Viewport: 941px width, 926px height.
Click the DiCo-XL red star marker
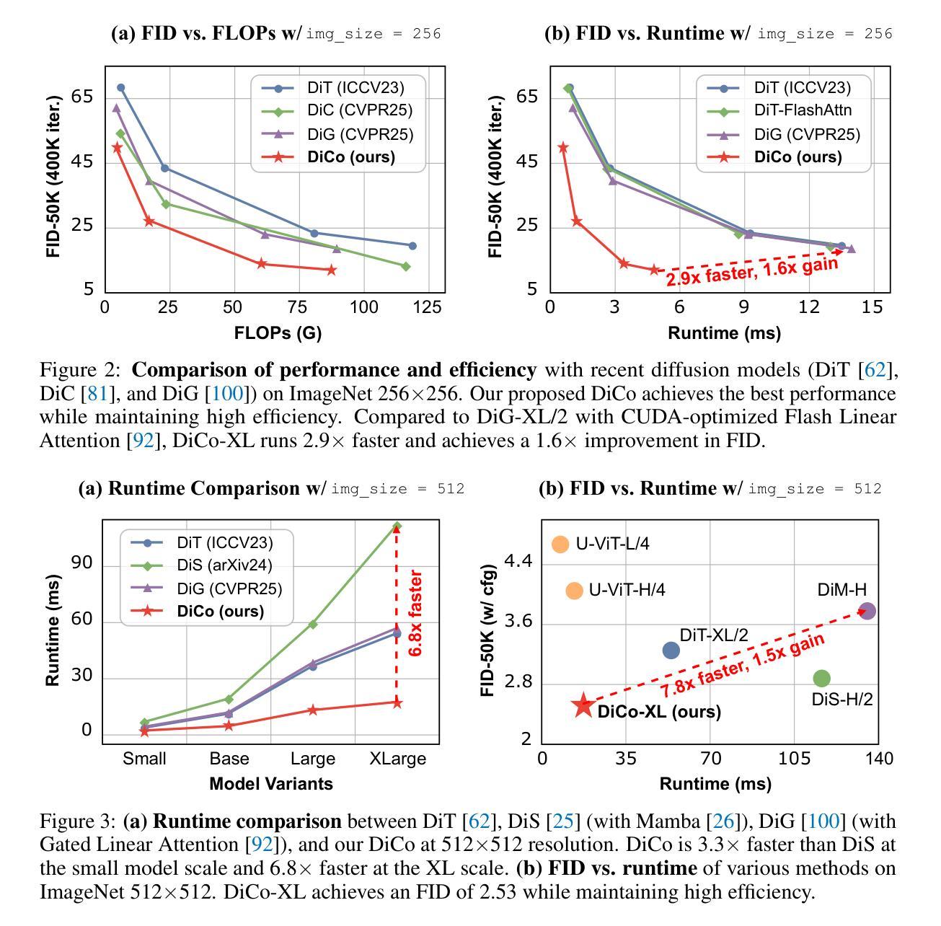[583, 706]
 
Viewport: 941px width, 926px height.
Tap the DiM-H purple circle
[867, 611]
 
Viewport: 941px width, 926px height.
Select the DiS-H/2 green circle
[821, 678]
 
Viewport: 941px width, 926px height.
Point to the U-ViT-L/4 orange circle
[560, 544]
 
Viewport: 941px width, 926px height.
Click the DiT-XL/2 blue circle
[671, 651]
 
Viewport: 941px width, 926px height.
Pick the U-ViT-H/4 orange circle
[574, 591]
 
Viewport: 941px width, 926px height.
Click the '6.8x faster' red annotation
[415, 613]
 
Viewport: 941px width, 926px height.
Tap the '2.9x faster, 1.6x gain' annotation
[751, 271]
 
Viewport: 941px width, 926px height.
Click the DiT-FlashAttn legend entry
[803, 110]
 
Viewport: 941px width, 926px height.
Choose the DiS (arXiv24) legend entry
[224, 565]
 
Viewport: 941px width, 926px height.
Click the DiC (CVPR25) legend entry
[360, 110]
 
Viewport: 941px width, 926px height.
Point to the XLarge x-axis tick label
[397, 759]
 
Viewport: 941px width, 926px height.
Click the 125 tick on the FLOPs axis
[428, 307]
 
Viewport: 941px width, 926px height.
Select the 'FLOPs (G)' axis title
[278, 332]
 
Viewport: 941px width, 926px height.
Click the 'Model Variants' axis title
[270, 783]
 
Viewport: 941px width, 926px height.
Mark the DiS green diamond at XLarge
[397, 526]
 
